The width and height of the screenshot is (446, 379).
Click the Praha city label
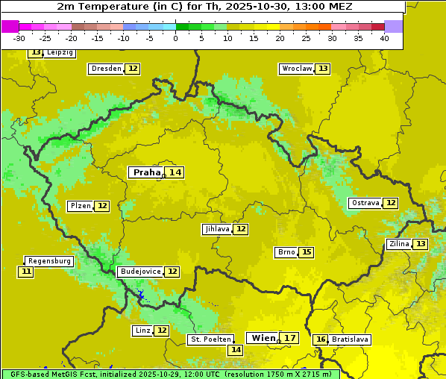click(x=146, y=172)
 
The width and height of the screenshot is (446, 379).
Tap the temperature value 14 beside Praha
click(x=175, y=172)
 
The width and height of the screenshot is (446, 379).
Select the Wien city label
click(x=263, y=338)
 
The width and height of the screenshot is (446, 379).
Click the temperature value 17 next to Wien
click(x=290, y=338)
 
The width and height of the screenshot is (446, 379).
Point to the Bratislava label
click(x=350, y=339)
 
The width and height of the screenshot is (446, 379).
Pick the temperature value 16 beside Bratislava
click(x=321, y=339)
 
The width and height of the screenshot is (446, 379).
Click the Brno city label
click(x=286, y=252)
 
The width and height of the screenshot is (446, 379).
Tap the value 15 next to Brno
click(x=307, y=252)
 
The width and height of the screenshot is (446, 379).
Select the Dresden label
click(x=106, y=69)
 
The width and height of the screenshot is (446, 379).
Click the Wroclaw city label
click(x=296, y=69)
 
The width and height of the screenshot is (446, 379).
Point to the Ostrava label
click(x=365, y=203)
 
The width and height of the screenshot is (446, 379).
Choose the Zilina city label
click(x=398, y=244)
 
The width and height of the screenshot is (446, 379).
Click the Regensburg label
click(x=49, y=261)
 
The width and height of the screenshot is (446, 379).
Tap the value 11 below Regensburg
click(x=26, y=272)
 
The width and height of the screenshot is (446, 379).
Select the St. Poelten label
click(x=210, y=339)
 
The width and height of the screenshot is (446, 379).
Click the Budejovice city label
click(x=140, y=272)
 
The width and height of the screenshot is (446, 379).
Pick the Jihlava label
click(x=216, y=229)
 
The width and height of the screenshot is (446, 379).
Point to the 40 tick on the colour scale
click(x=384, y=38)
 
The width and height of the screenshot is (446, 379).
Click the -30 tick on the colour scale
click(x=19, y=38)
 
